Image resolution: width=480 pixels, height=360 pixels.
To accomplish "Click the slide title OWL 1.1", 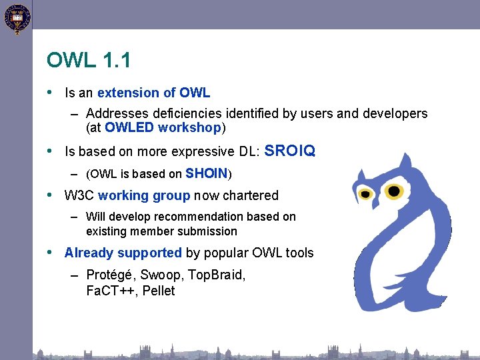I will [89, 61].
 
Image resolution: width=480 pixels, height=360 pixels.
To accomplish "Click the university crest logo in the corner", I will [17, 18].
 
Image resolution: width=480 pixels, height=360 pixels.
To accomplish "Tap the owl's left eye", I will [365, 194].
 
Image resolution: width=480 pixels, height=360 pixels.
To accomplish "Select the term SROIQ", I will [290, 151].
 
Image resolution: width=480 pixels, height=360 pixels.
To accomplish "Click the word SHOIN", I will [207, 174].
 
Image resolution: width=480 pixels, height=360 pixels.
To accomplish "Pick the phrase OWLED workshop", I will [163, 127].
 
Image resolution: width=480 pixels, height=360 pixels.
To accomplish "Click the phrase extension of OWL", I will [153, 93].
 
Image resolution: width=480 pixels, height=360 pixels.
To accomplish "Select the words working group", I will [144, 195].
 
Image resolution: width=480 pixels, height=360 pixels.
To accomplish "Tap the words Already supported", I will [123, 253].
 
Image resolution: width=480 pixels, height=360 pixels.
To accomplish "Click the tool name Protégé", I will [109, 275].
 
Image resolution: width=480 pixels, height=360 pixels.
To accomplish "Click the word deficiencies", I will [187, 113].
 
